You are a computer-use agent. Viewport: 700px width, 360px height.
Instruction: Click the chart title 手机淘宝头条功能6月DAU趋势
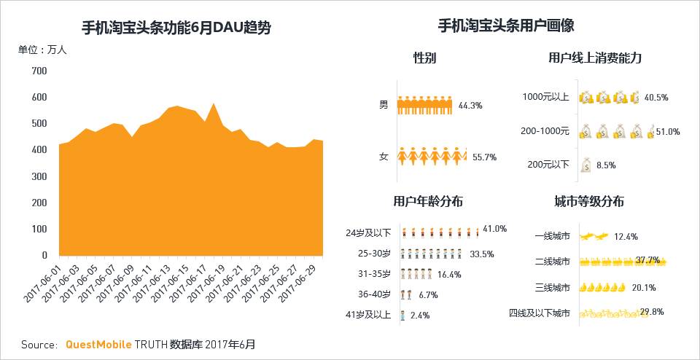click(x=177, y=28)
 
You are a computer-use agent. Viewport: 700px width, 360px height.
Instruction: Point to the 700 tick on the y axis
click(x=39, y=71)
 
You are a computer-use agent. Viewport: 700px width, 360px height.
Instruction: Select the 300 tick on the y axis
click(x=39, y=176)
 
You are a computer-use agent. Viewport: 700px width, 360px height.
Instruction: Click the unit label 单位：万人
click(x=42, y=50)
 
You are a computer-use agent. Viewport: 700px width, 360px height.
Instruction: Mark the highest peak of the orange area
click(x=214, y=103)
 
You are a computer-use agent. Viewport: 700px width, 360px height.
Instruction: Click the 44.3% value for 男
click(x=470, y=106)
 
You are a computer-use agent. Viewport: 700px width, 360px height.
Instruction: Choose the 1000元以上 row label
click(x=546, y=97)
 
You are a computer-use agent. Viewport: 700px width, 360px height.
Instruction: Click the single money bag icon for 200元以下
click(x=585, y=165)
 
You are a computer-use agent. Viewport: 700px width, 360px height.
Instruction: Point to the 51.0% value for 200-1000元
click(x=668, y=132)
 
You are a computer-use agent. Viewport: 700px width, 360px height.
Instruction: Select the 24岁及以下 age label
click(x=368, y=233)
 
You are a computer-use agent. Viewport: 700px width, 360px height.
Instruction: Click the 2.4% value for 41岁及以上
click(x=420, y=316)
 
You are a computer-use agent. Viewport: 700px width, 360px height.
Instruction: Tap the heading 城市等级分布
click(x=588, y=202)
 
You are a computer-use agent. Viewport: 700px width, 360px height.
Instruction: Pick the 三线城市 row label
click(x=552, y=287)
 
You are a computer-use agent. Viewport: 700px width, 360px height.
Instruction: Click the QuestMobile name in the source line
click(x=98, y=344)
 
